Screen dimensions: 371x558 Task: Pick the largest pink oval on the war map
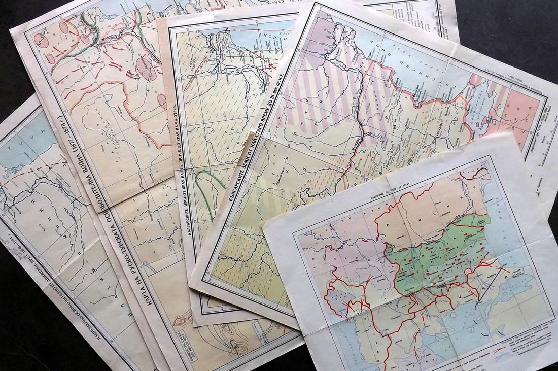pos(147,69)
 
